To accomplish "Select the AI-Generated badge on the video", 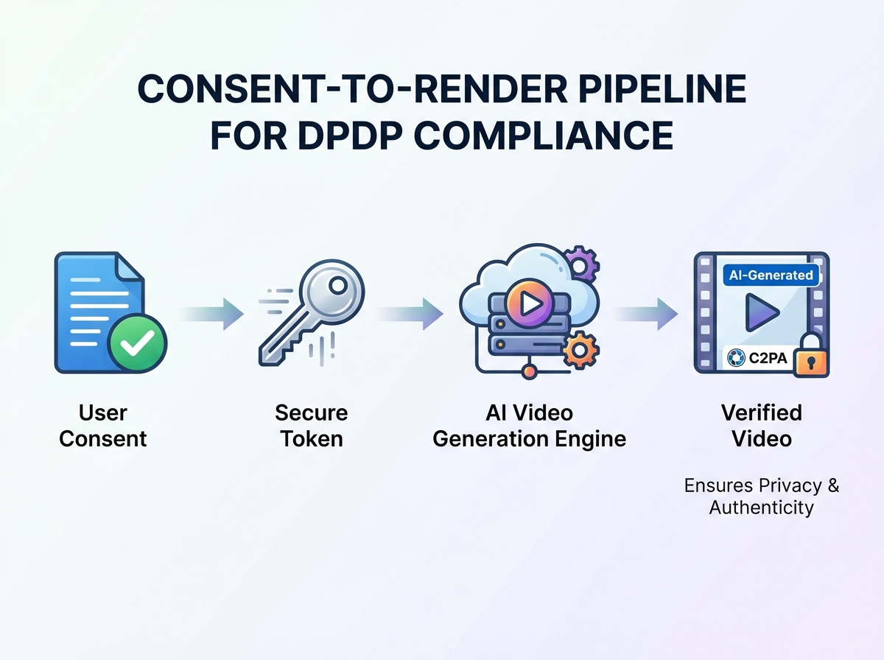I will coord(771,275).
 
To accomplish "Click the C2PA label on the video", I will coord(759,359).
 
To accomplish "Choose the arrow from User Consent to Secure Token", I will coord(212,315).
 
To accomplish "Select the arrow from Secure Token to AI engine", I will coord(411,315).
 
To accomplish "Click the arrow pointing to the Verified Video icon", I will coord(646,315).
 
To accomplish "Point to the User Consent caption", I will coord(103,426).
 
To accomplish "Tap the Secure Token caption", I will coord(311,426).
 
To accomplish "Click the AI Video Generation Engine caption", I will coord(529,426).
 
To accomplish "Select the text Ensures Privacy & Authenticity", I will coord(761,496).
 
